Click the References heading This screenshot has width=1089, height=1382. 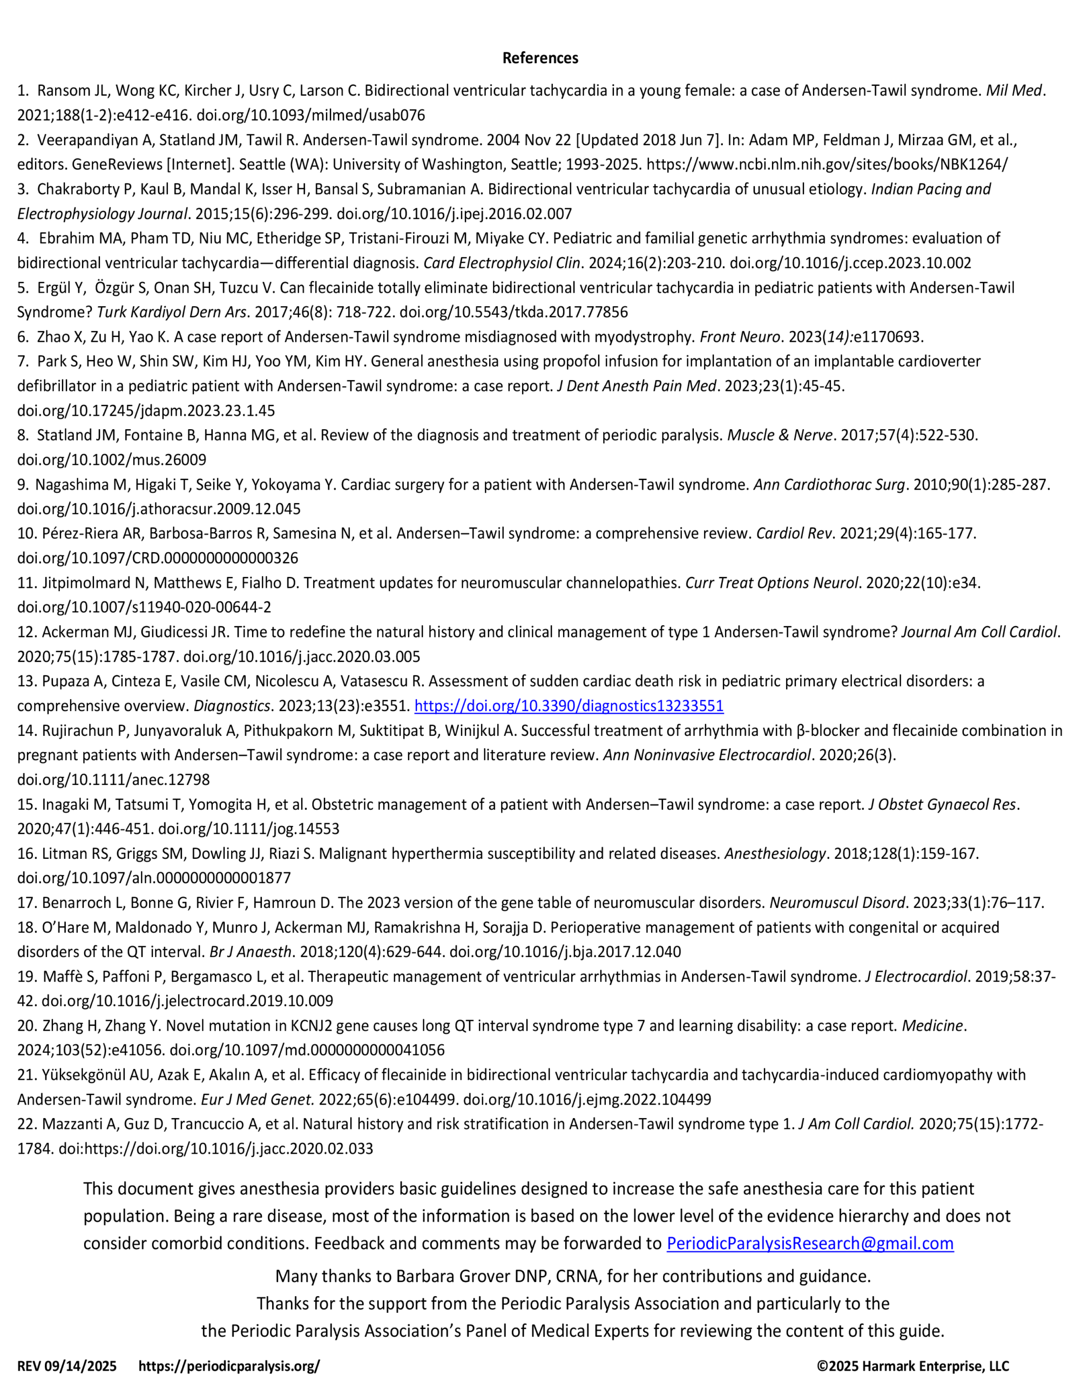(540, 58)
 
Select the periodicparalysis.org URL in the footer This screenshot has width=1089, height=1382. (229, 1366)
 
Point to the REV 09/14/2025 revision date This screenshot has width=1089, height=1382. (67, 1366)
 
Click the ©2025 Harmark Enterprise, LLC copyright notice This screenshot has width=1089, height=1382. (912, 1366)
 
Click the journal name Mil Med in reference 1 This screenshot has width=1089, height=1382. (1014, 91)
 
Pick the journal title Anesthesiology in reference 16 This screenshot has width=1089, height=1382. (775, 853)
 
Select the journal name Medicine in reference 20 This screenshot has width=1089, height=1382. (931, 1026)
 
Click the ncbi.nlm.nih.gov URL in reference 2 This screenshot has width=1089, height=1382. (827, 165)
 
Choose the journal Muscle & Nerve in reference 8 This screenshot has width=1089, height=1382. (780, 435)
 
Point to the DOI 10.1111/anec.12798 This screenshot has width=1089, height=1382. (113, 780)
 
